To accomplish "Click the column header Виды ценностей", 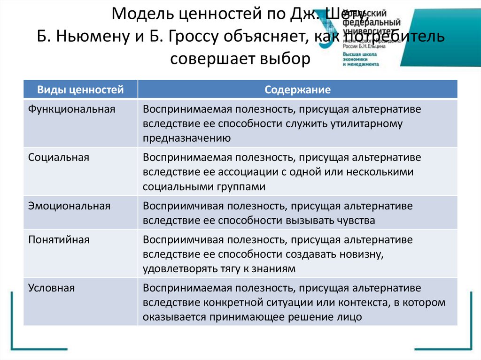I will (80, 90).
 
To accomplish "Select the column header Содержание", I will (297, 90).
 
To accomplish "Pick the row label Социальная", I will (58, 157).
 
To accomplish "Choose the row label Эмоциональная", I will (69, 206).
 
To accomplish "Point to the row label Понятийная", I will (59, 239).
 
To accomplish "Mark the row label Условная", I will (51, 288).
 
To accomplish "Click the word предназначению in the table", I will (186, 138).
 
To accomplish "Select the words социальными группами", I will (204, 186).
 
